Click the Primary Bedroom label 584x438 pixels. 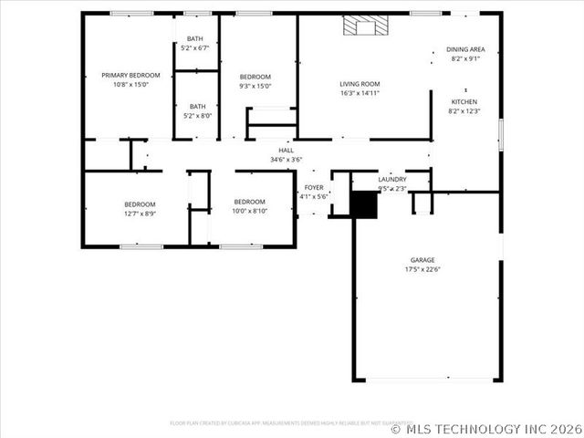coord(130,75)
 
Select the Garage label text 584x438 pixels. coord(422,259)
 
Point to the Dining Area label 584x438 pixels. coord(465,49)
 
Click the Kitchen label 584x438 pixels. coord(464,101)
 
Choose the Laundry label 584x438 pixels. coord(392,180)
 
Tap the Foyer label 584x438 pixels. coord(314,187)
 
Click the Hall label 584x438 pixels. coord(286,151)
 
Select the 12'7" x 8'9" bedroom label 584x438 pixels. coord(140,204)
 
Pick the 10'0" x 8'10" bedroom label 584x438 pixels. coord(249,202)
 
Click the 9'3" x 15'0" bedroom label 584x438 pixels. coord(255,77)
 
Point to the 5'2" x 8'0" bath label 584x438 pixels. coord(197,106)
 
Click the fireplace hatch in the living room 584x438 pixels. coord(364,26)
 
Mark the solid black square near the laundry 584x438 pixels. coord(364,204)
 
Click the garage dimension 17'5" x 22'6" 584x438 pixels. coord(422,269)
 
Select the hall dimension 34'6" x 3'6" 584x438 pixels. coord(286,160)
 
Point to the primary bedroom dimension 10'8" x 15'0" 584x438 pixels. coord(130,85)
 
